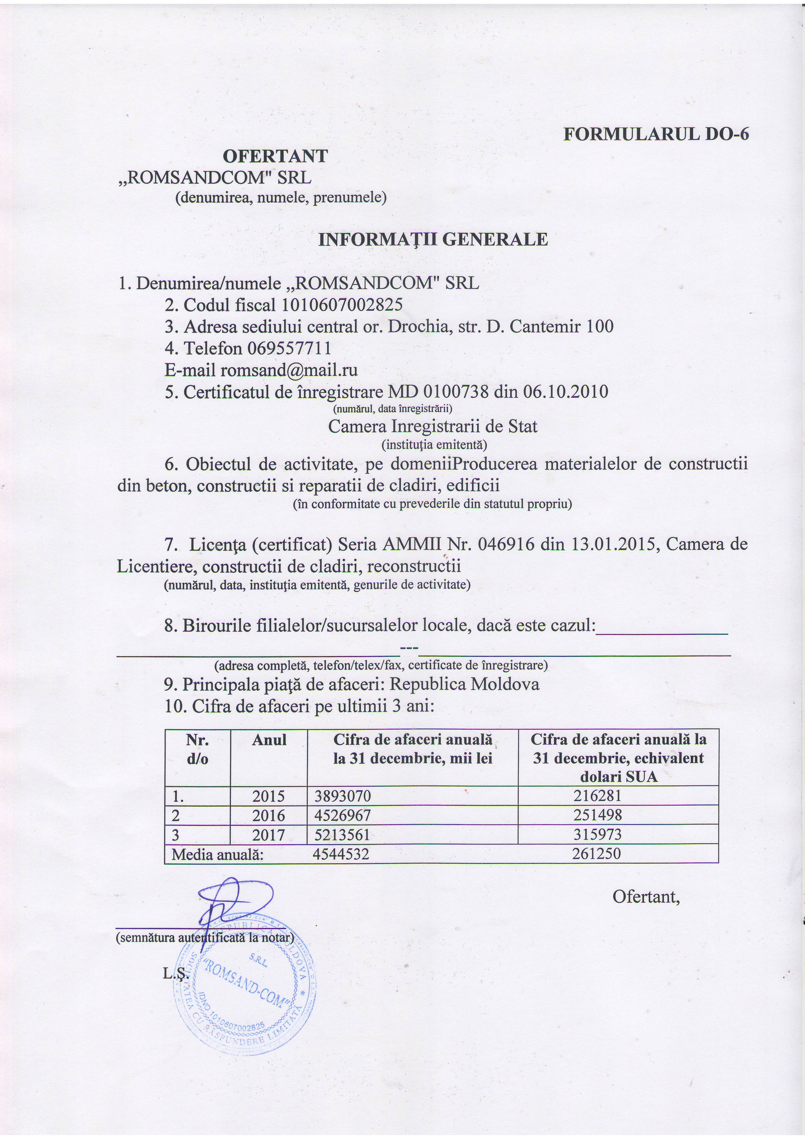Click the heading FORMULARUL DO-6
click(x=656, y=134)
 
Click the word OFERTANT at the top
click(x=275, y=156)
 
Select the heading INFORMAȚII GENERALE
click(x=432, y=240)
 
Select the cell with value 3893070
click(x=343, y=796)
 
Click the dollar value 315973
click(x=597, y=834)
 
